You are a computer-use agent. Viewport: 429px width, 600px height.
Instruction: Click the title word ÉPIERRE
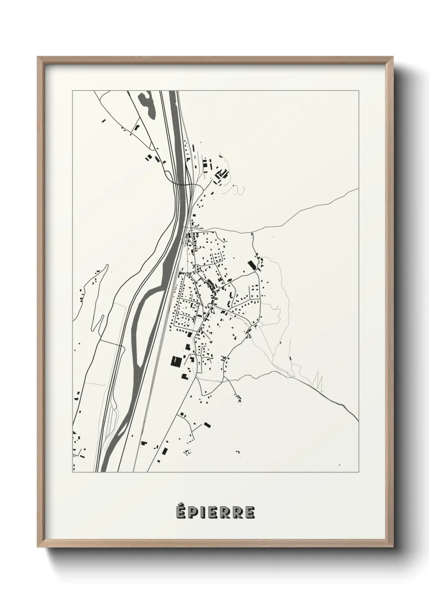click(x=215, y=512)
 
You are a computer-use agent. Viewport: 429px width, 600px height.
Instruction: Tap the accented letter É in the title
click(x=181, y=512)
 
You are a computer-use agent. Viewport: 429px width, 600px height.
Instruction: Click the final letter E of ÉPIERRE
click(x=250, y=512)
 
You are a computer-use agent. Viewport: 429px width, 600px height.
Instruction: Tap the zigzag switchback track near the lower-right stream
click(x=318, y=379)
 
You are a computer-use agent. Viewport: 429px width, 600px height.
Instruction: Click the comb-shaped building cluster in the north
click(x=221, y=175)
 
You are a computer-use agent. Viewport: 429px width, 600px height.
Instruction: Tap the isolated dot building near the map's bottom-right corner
click(x=340, y=454)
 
